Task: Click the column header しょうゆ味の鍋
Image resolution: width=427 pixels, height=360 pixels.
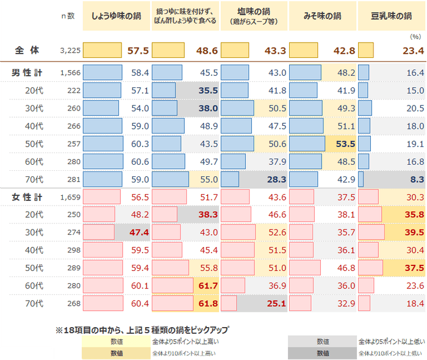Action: pos(116,16)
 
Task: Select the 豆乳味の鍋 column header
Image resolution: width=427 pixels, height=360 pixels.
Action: pos(391,16)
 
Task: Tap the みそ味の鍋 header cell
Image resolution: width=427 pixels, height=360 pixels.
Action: pos(322,16)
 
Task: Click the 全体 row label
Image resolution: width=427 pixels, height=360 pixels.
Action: pos(28,50)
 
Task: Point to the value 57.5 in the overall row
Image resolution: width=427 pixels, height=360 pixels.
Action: pos(138,50)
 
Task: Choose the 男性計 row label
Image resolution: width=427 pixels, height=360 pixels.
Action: pos(27,73)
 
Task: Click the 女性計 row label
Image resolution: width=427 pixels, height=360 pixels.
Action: pos(27,197)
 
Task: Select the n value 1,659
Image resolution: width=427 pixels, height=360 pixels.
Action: pos(71,198)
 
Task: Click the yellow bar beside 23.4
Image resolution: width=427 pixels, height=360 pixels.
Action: pos(366,50)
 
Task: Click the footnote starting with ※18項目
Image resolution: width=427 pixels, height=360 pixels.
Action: pos(142,329)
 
